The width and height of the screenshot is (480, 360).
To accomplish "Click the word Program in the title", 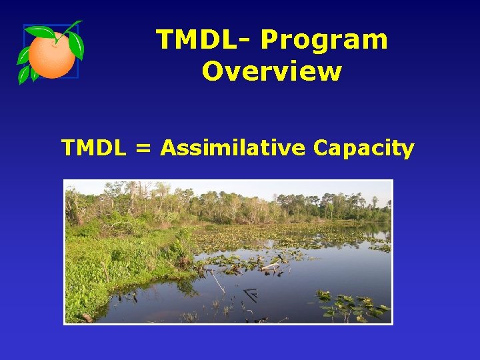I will (x=324, y=40).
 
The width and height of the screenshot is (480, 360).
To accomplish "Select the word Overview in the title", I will (x=271, y=71).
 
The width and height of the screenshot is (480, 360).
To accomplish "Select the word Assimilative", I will (x=231, y=148).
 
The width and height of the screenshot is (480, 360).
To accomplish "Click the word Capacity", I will (x=363, y=148).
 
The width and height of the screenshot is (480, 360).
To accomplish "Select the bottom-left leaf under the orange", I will (x=24, y=75).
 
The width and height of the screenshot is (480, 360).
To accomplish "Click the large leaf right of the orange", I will (x=76, y=45).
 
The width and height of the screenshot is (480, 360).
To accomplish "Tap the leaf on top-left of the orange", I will (x=39, y=31).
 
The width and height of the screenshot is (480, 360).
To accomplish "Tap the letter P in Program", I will (x=269, y=40).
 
